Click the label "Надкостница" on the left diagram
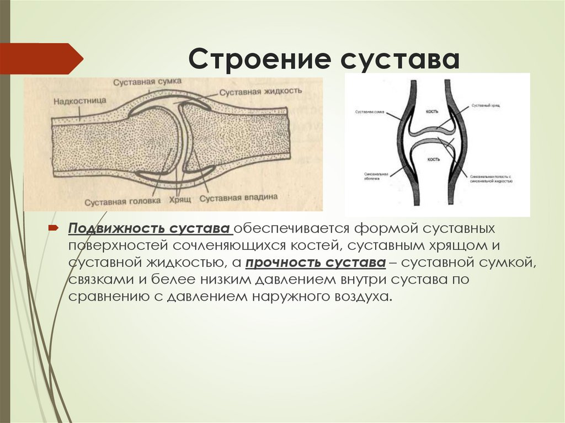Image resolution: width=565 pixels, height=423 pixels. (77, 101)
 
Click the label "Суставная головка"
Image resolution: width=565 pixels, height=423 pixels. (127, 200)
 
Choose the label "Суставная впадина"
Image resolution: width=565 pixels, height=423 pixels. (238, 197)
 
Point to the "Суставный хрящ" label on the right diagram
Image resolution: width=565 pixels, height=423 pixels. (487, 105)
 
